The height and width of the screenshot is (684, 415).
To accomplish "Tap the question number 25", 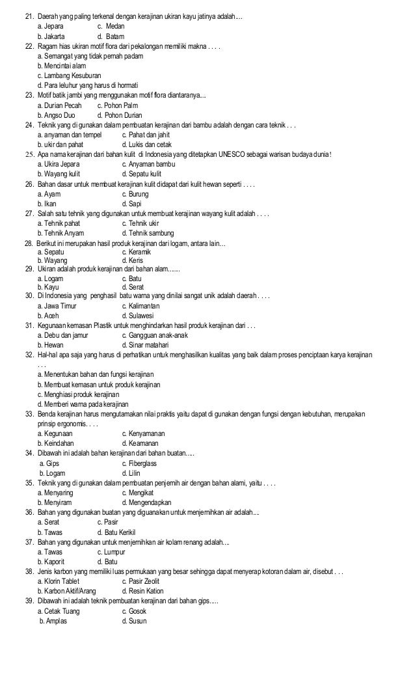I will pos(29,154).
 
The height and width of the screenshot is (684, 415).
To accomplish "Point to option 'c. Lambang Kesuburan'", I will pos(69,75).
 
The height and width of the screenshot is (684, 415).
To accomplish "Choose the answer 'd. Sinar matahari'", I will pos(146,345).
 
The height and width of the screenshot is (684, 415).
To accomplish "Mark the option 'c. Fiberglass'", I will pos(139,463).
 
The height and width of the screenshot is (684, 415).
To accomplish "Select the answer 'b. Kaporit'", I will pos(55,561).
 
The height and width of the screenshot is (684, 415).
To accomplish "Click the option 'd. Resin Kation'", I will pos(143,590).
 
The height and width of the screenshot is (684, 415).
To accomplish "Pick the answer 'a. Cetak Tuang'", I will pos(59,611).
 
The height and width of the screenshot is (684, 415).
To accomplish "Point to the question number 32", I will pos(29,355).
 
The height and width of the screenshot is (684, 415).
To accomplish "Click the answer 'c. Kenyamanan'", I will pos(143,433).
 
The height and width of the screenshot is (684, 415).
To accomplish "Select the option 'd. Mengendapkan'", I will pos(146,502).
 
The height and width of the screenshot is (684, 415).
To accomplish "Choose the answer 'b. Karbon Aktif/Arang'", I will pos(67,590).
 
